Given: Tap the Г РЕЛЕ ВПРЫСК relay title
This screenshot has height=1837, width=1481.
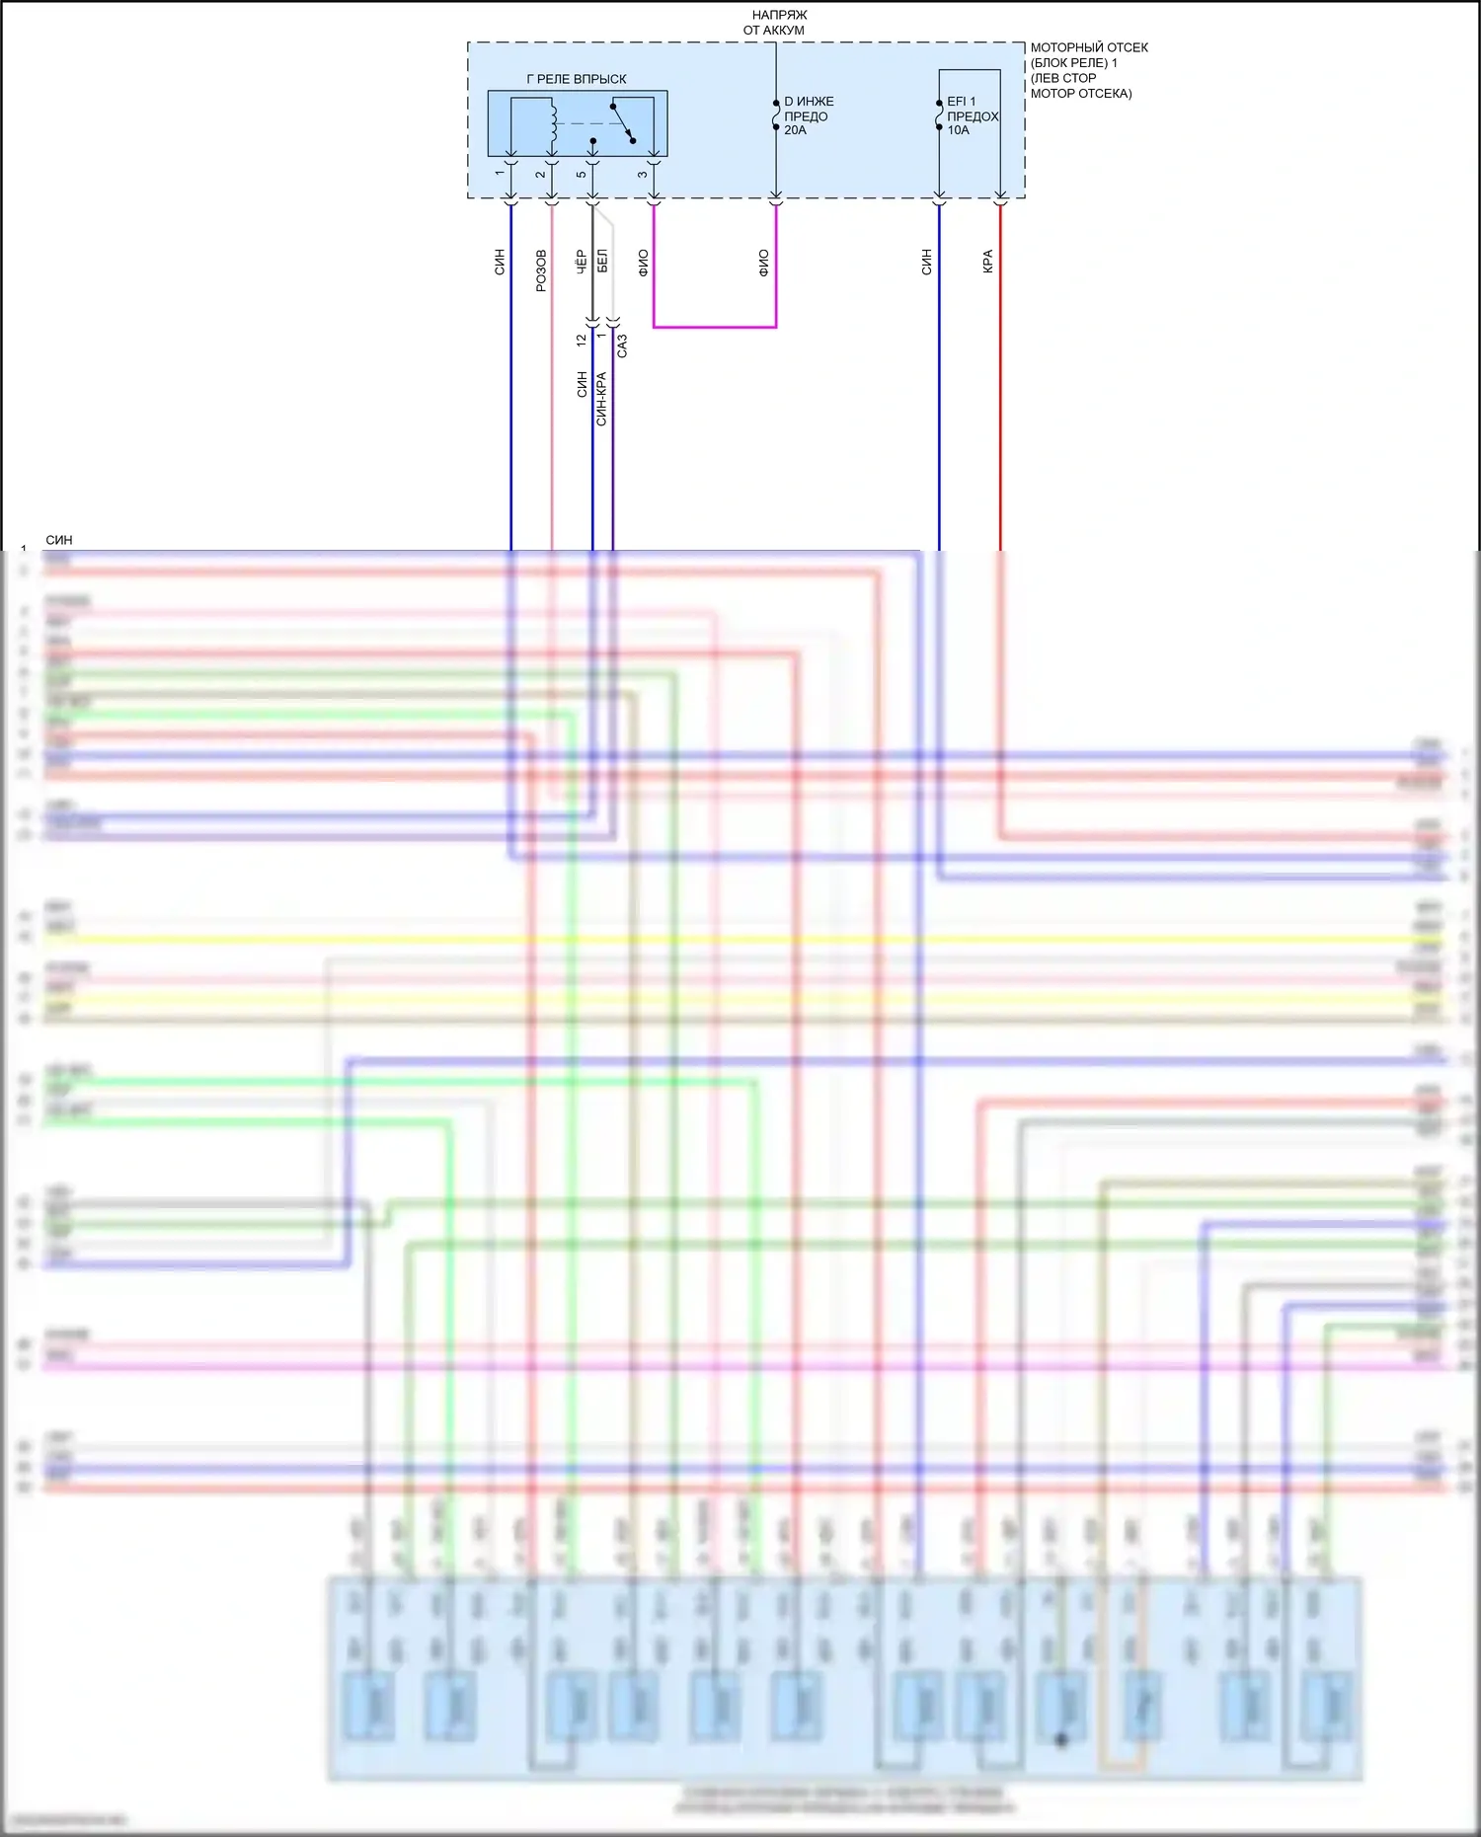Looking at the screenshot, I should (x=577, y=79).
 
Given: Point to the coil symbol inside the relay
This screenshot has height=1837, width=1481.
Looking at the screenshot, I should (x=553, y=122).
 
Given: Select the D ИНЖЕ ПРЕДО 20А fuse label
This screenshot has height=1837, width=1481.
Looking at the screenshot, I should (x=808, y=115).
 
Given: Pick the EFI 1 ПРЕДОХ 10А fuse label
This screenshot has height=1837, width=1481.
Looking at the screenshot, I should (x=972, y=115).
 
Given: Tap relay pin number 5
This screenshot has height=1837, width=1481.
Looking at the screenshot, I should (x=582, y=174).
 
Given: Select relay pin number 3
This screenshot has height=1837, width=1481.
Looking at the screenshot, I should (x=643, y=174).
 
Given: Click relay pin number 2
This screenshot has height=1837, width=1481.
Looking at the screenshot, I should (x=541, y=174).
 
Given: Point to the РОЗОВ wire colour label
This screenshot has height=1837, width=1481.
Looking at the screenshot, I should (x=541, y=269).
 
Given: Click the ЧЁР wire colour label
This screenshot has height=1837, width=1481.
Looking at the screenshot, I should (x=582, y=262).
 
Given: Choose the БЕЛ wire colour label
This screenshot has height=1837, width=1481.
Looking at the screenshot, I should (x=602, y=262).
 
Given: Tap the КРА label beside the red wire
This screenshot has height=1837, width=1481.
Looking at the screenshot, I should (x=987, y=262).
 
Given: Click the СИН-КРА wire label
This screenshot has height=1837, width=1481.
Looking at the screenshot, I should (x=601, y=399).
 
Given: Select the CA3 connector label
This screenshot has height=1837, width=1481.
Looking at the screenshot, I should (x=622, y=345).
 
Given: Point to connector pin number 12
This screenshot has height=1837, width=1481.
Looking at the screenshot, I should (x=582, y=339).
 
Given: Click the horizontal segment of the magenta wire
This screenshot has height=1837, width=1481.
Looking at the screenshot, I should (x=715, y=326).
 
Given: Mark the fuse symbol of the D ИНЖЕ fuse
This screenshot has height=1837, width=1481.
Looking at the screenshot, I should (x=776, y=115).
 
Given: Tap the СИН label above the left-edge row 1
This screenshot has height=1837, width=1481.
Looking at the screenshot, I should (x=59, y=540).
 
